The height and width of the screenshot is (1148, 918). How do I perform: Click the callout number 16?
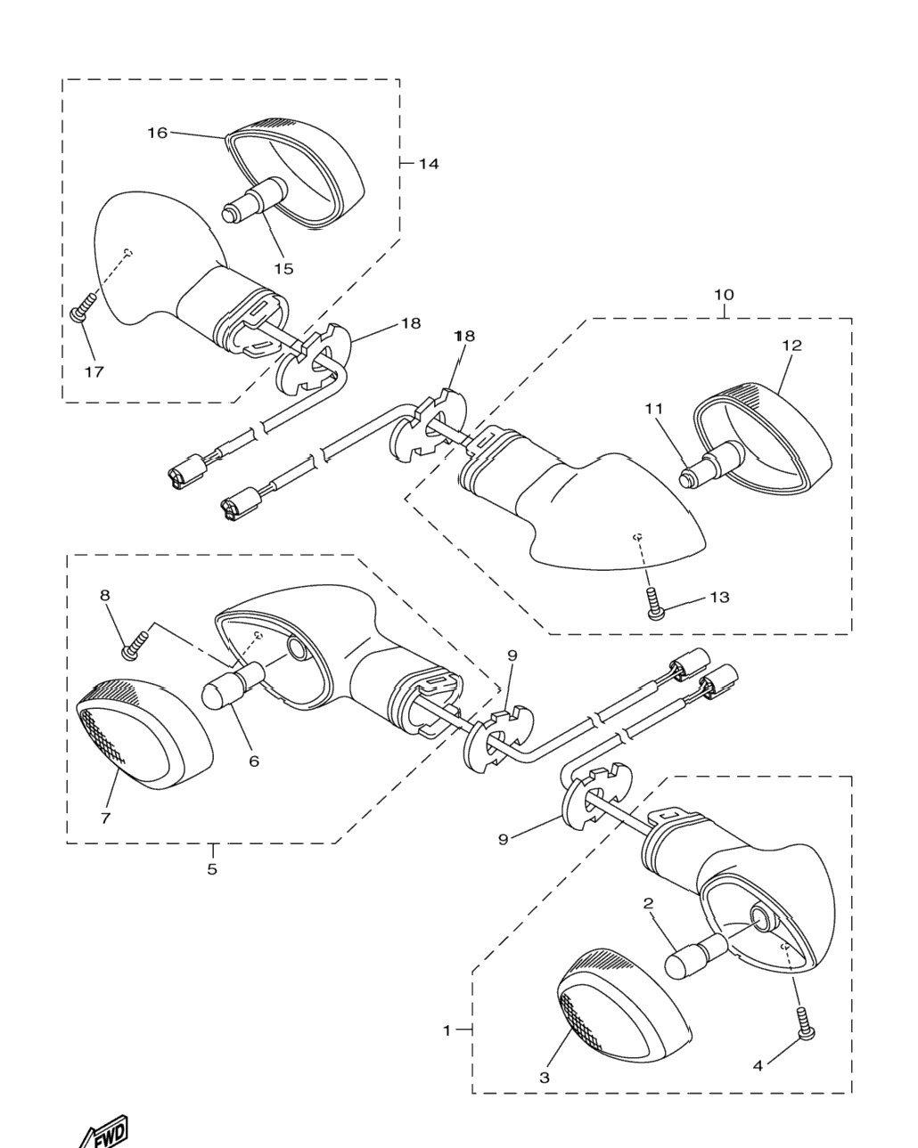[x=158, y=133]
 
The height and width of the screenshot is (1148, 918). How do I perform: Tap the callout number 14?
[x=428, y=164]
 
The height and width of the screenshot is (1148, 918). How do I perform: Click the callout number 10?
[x=724, y=295]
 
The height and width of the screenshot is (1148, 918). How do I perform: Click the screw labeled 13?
[x=655, y=603]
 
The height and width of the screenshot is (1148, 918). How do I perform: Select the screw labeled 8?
[x=136, y=645]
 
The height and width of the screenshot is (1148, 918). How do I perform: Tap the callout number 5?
[x=212, y=869]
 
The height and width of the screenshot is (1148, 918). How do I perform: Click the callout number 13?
[x=719, y=597]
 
